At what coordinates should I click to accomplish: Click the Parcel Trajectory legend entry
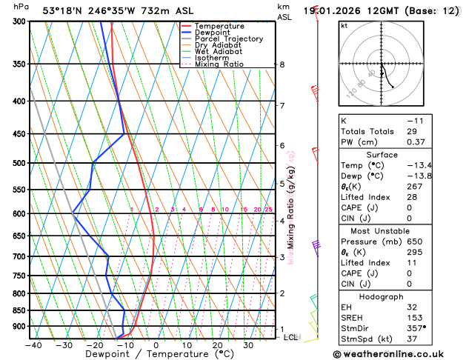[228, 39]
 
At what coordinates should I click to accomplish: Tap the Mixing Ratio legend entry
[219, 64]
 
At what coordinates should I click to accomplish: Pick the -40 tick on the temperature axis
[33, 345]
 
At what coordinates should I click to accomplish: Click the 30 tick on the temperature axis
[248, 345]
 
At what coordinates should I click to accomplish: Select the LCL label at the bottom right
[291, 337]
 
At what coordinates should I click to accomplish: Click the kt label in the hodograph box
[344, 25]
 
